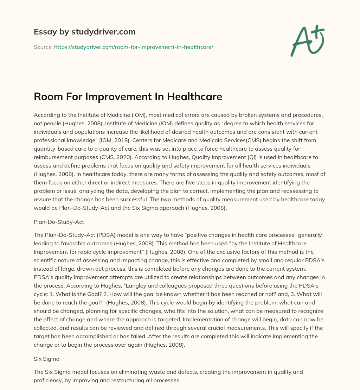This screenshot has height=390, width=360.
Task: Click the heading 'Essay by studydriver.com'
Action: pyautogui.click(x=85, y=32)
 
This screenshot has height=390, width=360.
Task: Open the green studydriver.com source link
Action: pyautogui.click(x=134, y=47)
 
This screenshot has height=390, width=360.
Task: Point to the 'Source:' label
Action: pyautogui.click(x=43, y=47)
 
